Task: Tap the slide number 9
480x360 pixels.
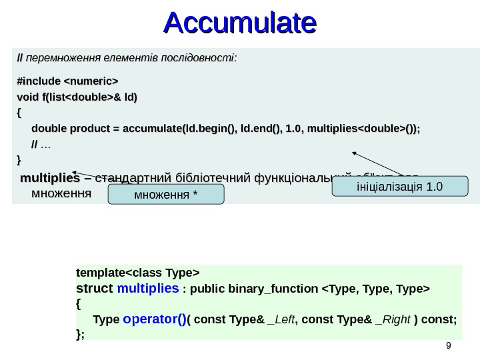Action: pos(448,345)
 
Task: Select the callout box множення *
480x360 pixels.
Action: pos(166,195)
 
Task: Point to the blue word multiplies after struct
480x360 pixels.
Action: pos(147,288)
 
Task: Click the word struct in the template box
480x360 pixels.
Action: pos(95,288)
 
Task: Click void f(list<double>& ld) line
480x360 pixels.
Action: pos(76,97)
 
